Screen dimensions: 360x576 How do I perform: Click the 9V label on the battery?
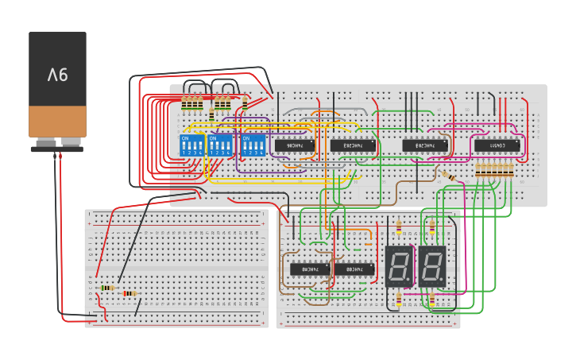(57, 75)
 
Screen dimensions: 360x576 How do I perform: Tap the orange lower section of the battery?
(57, 122)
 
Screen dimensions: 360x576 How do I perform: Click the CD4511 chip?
(497, 145)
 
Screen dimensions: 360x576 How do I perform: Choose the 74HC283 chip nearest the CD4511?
(423, 145)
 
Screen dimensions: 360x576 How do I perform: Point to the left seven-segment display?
(399, 267)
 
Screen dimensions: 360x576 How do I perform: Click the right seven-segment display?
(432, 267)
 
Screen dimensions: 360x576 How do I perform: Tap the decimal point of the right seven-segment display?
(443, 284)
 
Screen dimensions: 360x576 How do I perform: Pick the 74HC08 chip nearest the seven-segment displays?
(354, 269)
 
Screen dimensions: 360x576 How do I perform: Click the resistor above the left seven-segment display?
(398, 229)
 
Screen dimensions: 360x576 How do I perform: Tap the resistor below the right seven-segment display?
(432, 300)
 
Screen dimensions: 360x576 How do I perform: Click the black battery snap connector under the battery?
(56, 148)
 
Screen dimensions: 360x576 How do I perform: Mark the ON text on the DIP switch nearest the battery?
(186, 138)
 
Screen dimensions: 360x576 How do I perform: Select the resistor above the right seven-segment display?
(432, 227)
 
